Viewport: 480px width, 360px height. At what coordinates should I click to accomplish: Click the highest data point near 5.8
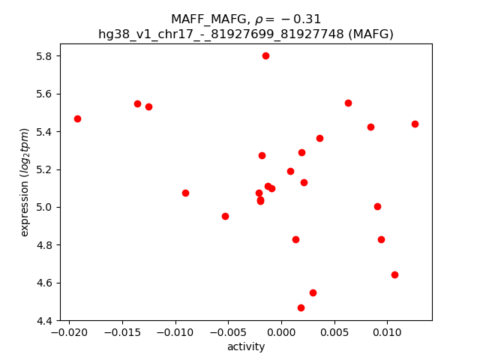265,55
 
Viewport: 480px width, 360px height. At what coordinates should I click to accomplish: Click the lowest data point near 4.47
301,307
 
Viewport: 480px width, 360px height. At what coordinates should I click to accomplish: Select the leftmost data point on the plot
77,118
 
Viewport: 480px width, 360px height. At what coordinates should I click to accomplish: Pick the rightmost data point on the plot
415,124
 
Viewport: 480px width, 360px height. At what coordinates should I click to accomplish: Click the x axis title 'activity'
246,346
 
